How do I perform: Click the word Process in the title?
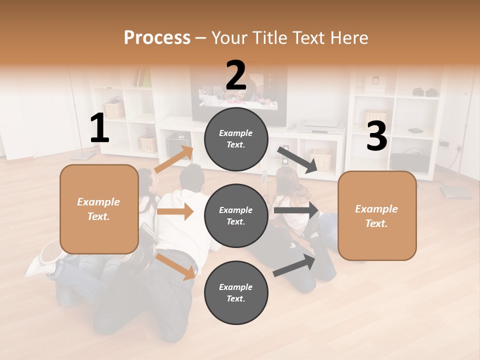click(157, 38)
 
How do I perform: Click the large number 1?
click(99, 128)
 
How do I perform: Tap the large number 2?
click(236, 75)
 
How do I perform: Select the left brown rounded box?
click(99, 209)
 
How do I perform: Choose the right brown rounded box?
click(377, 216)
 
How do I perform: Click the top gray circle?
click(236, 138)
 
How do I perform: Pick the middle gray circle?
click(236, 215)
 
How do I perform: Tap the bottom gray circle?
click(236, 292)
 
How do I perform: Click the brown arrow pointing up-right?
click(174, 159)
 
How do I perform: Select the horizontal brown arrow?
click(175, 211)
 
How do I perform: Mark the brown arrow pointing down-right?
click(176, 266)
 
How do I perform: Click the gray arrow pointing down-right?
click(297, 159)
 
